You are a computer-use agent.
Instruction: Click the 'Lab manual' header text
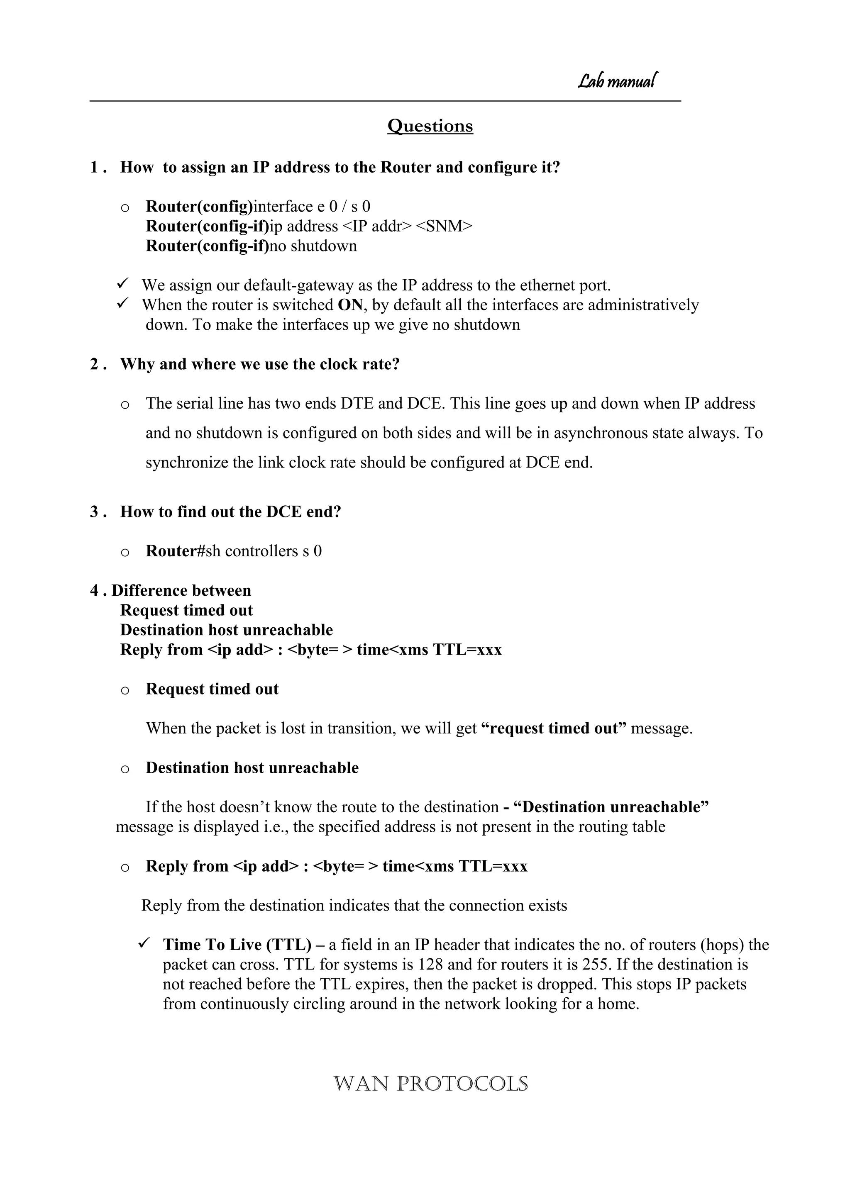click(x=617, y=81)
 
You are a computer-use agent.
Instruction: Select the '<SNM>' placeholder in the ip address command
click(x=444, y=227)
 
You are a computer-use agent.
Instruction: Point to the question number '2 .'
click(x=98, y=364)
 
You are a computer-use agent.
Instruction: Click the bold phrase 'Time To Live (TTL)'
click(x=237, y=945)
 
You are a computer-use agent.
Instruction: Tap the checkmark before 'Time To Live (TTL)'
click(x=144, y=943)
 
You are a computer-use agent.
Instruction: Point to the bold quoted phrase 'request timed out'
click(x=553, y=728)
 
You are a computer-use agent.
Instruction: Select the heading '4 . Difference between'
click(x=171, y=591)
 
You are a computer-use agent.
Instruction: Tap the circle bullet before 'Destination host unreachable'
click(x=125, y=769)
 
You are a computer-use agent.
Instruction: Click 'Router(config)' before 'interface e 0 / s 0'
click(x=199, y=207)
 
